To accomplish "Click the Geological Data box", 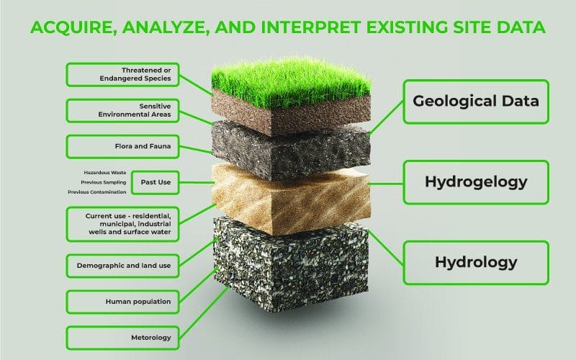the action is tap(476, 102).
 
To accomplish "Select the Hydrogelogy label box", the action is tap(476, 182).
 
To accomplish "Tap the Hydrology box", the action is tap(476, 263).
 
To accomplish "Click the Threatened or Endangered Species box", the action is tap(122, 75).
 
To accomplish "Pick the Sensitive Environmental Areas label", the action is tap(122, 111).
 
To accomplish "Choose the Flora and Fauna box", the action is tap(122, 147).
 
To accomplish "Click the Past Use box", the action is tap(156, 182).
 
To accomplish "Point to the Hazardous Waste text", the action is tap(105, 173).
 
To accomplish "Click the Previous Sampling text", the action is tap(104, 182).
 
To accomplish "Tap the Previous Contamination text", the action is tap(97, 192).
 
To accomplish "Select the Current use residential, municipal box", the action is tap(122, 224).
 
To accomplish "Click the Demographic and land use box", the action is tap(122, 266).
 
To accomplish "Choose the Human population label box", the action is tap(122, 302).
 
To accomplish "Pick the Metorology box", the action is tap(122, 338).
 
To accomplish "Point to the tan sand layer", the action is tap(291, 199).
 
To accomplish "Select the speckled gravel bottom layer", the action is tap(291, 264).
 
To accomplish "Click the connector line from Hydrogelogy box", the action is tap(385, 184).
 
